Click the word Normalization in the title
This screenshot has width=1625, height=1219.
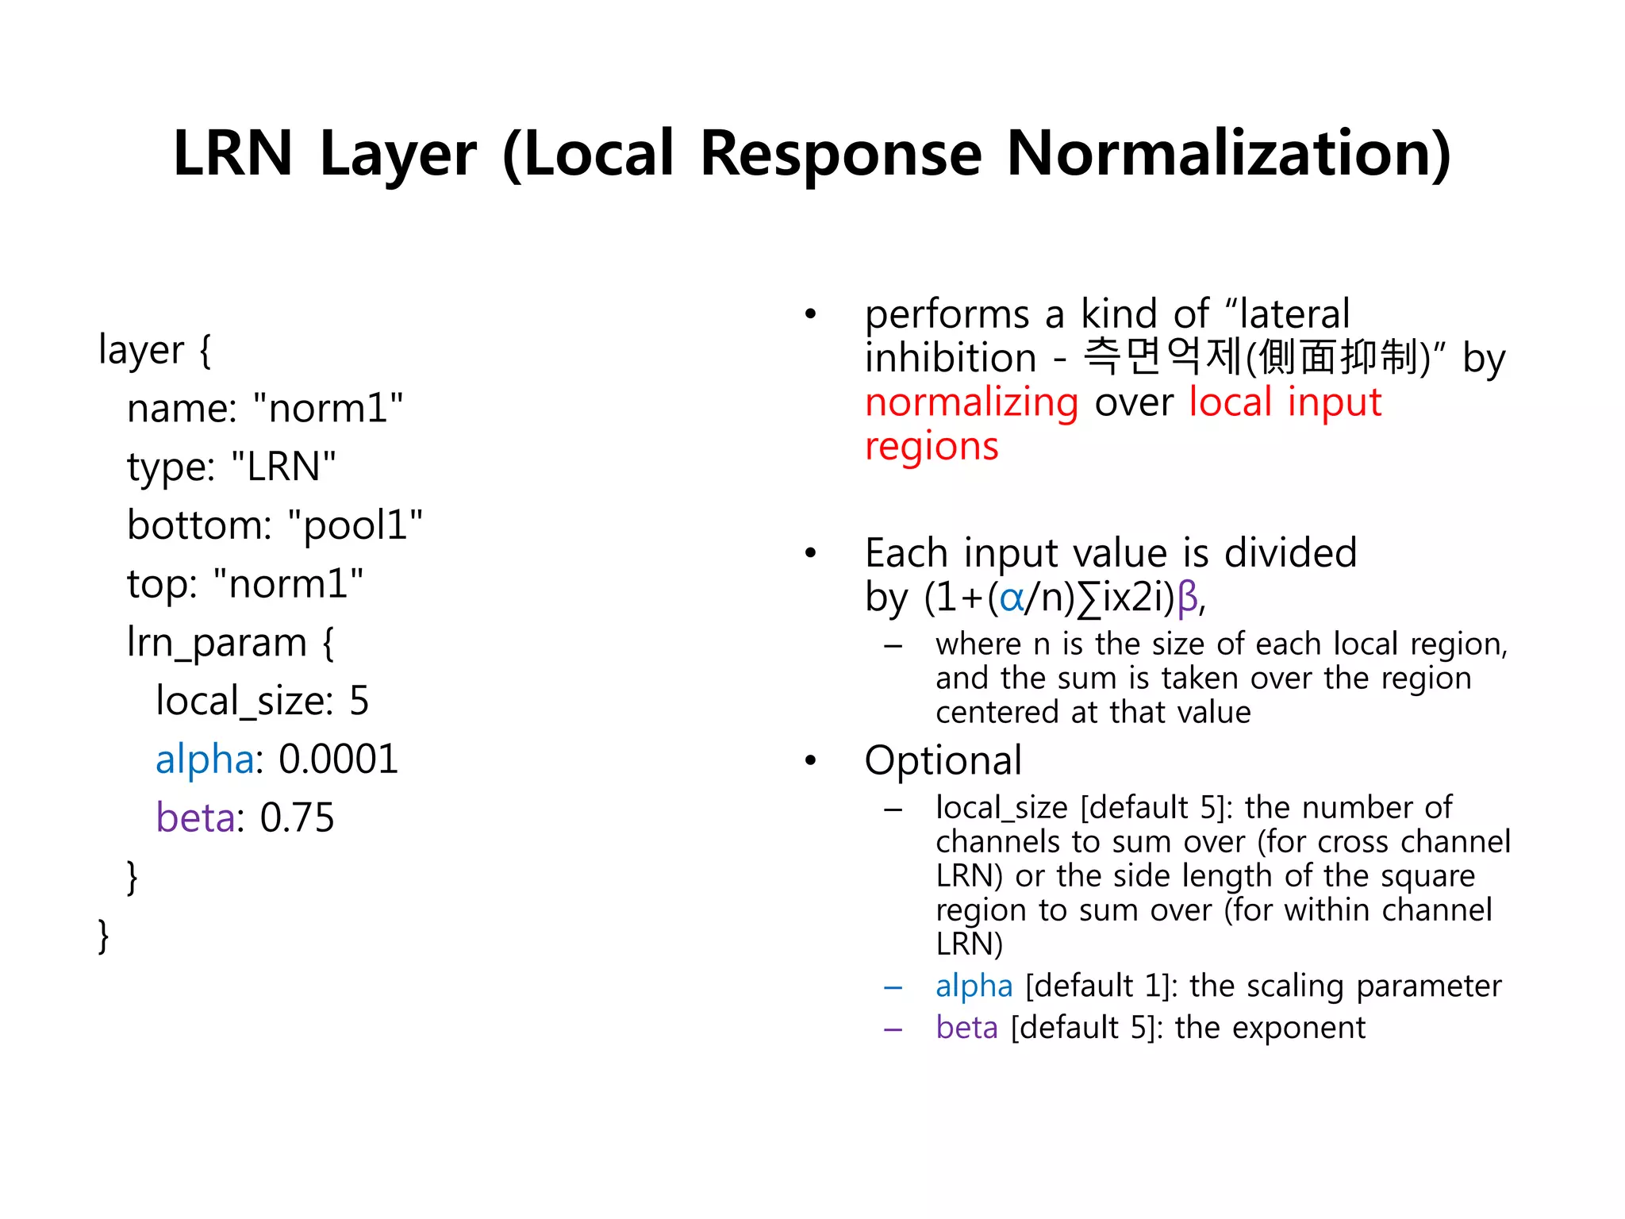[1228, 153]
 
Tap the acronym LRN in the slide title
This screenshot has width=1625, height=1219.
[232, 153]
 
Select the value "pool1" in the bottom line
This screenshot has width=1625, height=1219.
[355, 525]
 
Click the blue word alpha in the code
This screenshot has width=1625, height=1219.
[205, 759]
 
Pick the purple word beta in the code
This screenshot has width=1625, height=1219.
[195, 818]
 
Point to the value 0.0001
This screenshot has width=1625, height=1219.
[339, 759]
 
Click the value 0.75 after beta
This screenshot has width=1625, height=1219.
[298, 818]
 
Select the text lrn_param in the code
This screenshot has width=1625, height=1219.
[217, 643]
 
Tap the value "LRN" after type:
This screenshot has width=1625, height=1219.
[283, 467]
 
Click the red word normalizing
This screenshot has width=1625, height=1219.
[971, 402]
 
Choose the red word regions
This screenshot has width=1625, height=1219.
[932, 446]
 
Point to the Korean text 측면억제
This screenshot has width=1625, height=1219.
[1163, 357]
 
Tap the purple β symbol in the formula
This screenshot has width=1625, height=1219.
[1187, 597]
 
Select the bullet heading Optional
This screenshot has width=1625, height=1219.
[943, 760]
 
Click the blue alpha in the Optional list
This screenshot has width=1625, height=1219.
[974, 986]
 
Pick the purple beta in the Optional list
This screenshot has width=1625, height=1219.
[966, 1028]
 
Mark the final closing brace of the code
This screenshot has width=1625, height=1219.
[103, 936]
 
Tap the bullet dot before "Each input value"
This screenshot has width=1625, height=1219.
[810, 553]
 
